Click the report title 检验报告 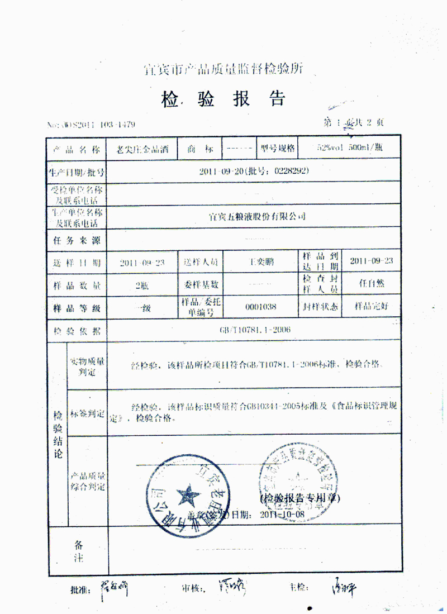[x=223, y=99]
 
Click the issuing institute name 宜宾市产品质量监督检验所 [x=223, y=69]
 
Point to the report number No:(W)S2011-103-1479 [x=92, y=124]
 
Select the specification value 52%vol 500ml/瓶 [x=350, y=149]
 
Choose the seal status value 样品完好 [x=370, y=306]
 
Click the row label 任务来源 [x=77, y=240]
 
